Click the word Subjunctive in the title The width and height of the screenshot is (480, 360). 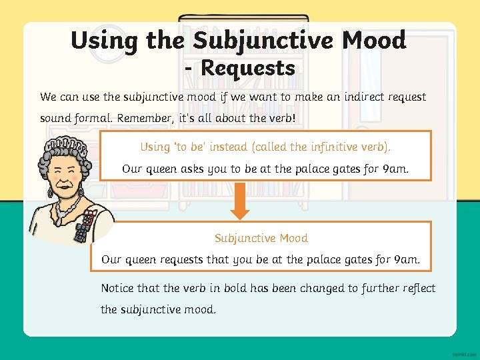click(263, 41)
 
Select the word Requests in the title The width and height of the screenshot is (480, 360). click(247, 67)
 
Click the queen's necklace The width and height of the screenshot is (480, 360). click(65, 209)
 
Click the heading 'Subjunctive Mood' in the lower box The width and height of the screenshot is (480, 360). click(261, 238)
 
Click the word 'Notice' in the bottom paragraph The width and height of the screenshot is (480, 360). click(117, 288)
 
